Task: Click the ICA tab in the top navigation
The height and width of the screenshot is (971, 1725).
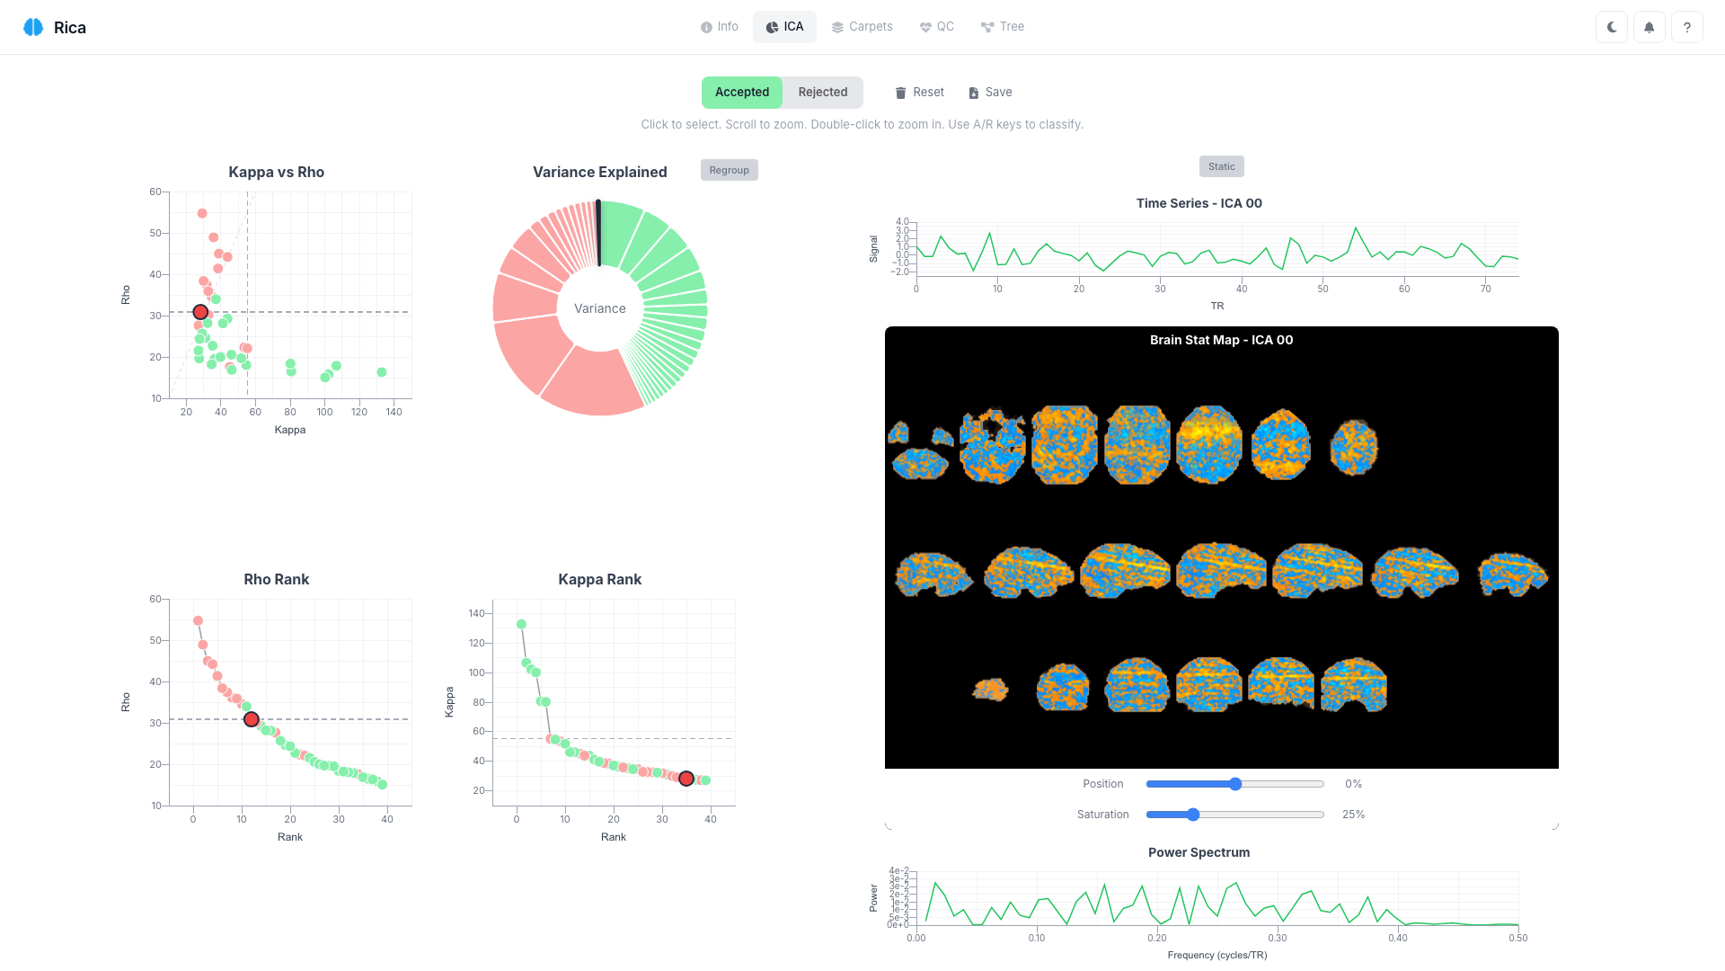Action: point(784,27)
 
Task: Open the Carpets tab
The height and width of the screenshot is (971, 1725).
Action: point(862,27)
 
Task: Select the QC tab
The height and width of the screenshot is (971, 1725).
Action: point(936,27)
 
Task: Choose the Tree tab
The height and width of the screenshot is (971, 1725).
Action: point(1002,27)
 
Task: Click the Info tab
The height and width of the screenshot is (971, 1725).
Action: point(720,27)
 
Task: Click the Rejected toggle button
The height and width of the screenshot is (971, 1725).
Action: point(822,93)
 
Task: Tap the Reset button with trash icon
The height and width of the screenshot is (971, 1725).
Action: point(919,93)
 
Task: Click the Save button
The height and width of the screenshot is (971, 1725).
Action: point(990,93)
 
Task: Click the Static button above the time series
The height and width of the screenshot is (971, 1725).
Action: point(1221,166)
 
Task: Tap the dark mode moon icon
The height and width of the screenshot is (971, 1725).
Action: point(1612,27)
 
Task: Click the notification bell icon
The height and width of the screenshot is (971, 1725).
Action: point(1650,27)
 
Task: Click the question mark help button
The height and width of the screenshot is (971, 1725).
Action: point(1687,27)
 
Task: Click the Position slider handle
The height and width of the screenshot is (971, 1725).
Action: point(1235,784)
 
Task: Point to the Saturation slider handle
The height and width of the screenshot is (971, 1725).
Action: point(1193,815)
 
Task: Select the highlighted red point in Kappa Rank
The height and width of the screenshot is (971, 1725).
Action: point(686,779)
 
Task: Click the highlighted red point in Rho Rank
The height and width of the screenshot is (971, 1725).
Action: point(252,719)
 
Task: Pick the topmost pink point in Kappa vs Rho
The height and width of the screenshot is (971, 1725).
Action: point(202,214)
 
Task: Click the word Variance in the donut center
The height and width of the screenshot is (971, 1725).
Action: point(600,308)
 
